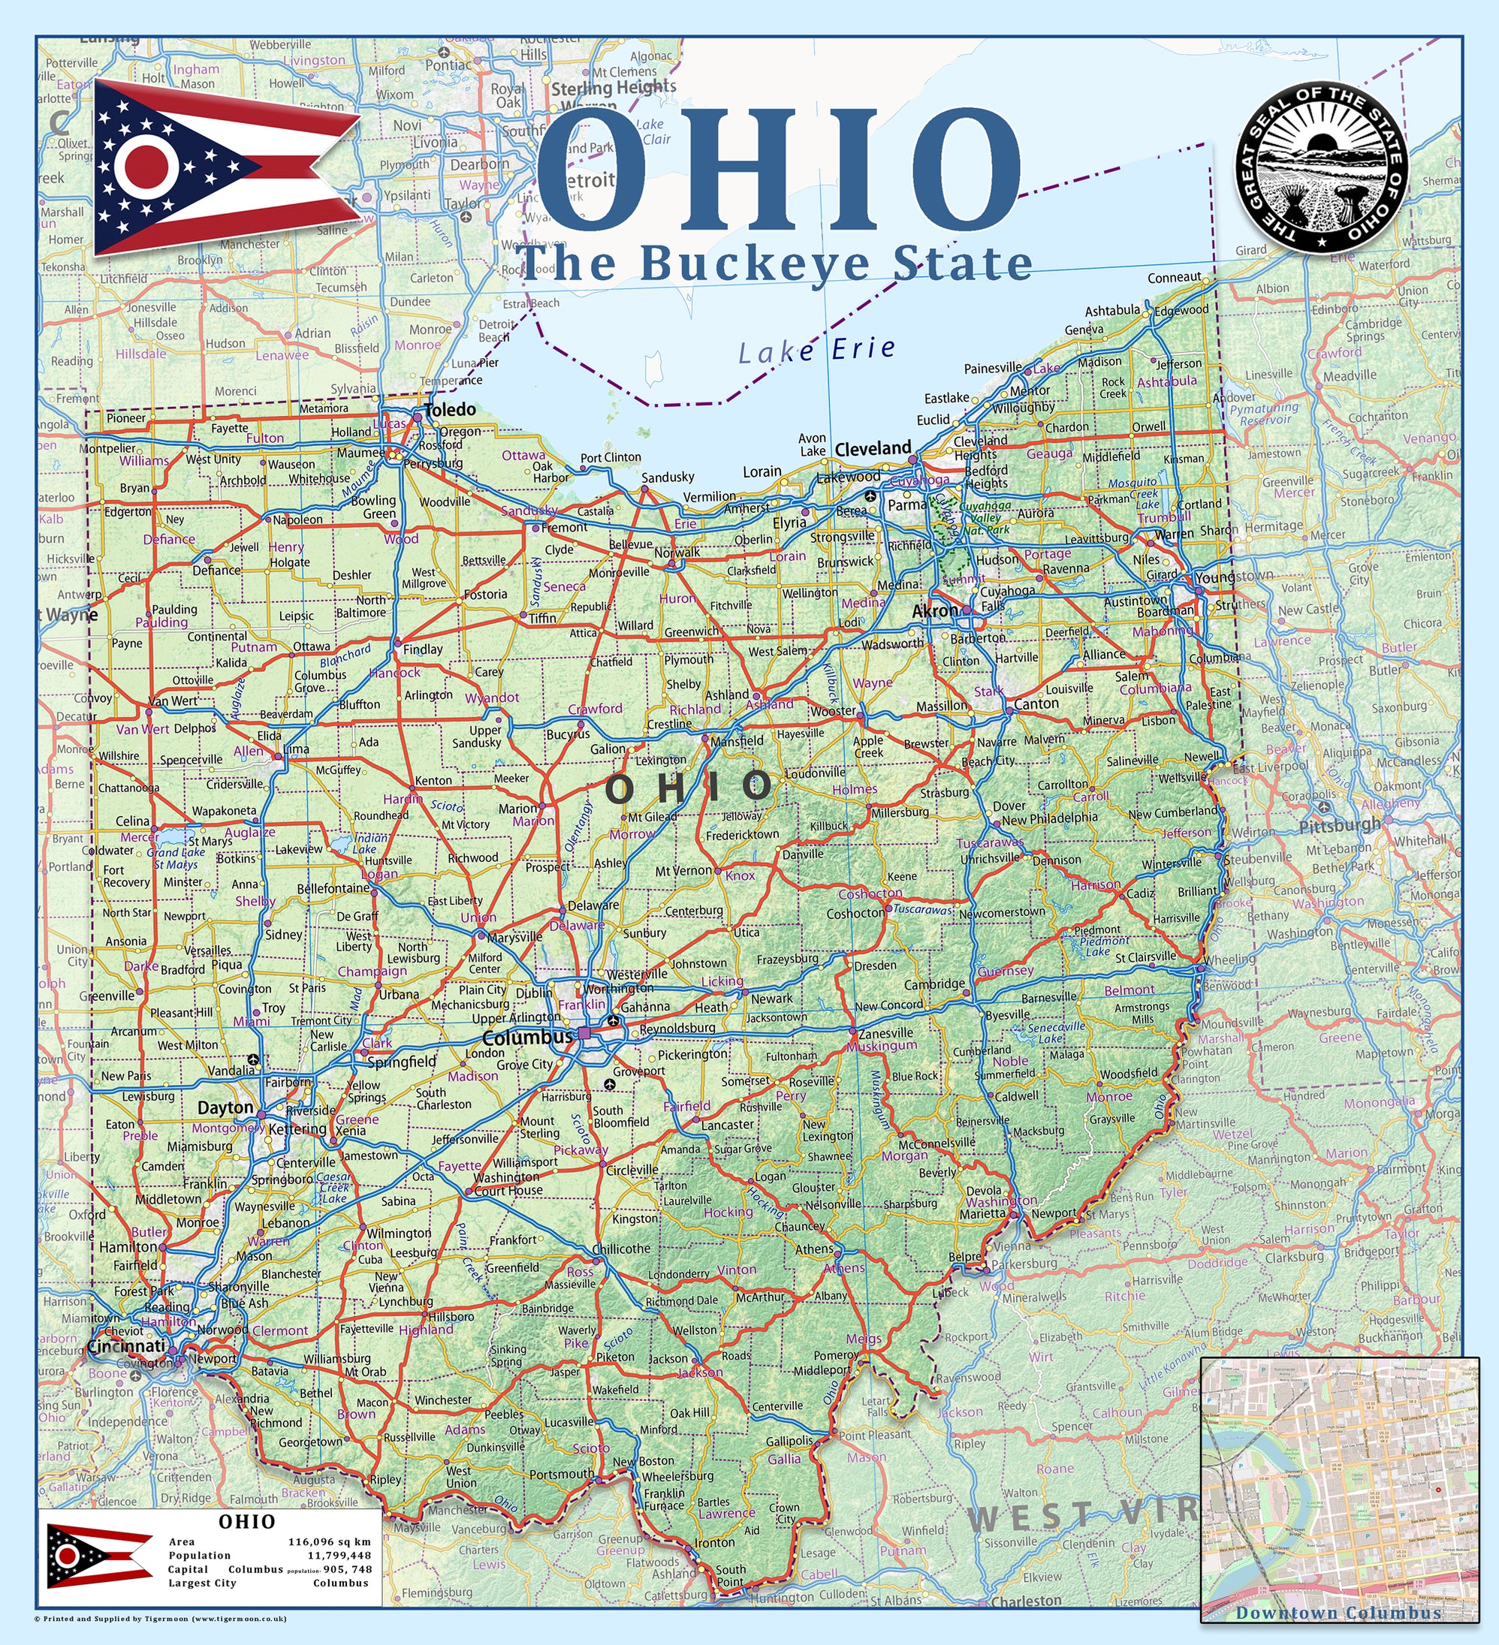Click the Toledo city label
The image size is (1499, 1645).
coord(450,410)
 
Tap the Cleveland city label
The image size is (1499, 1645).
coord(873,448)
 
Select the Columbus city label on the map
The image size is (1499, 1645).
coord(527,1038)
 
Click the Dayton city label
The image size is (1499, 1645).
coord(225,1107)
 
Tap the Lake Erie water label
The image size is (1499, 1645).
coord(817,350)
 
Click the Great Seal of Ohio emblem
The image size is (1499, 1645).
coord(1321,166)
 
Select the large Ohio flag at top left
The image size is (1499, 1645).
coord(225,167)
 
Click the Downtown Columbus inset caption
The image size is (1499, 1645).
coord(1338,1613)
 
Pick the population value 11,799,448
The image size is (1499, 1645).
coord(339,1555)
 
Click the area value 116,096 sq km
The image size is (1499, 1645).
coord(329,1541)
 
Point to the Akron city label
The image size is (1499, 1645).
coord(934,610)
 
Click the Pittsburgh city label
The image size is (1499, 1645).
coord(1339,825)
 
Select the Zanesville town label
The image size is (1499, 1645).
coord(885,1032)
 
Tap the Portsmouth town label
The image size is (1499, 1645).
coord(562,1474)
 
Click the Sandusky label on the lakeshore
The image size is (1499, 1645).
coord(668,478)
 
